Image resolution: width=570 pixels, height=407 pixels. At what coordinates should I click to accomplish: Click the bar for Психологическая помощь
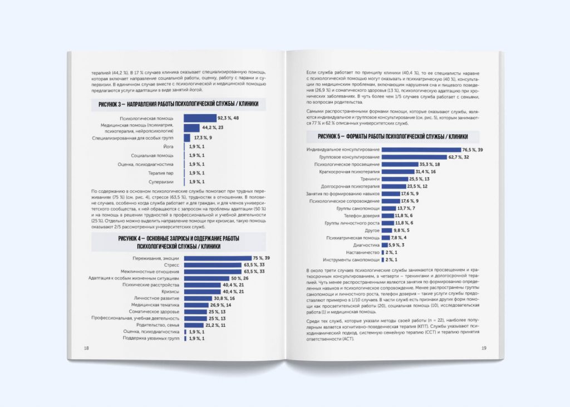click(200, 118)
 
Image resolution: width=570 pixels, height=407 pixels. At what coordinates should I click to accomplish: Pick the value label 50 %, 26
click(240, 278)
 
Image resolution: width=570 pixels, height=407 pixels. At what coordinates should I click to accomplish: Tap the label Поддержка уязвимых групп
click(152, 338)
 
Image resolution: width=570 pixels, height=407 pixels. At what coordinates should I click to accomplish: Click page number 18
click(86, 348)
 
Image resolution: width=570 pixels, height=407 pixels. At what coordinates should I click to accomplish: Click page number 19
click(484, 348)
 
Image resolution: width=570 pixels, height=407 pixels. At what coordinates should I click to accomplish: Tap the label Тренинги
click(370, 179)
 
